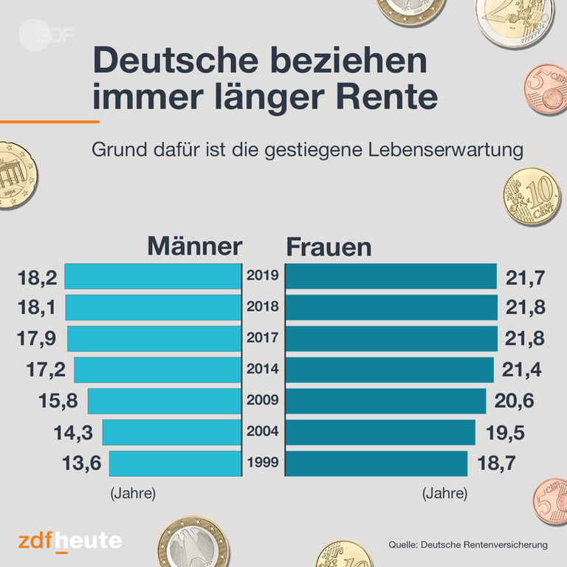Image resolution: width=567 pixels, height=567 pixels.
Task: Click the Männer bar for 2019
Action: coord(153,276)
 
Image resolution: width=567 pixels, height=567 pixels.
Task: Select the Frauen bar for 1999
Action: coord(376,464)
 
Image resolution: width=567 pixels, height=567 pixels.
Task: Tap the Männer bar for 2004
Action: coord(171,433)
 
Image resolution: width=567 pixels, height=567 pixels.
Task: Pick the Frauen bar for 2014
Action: coord(389,370)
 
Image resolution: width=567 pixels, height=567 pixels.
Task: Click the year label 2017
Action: coord(263,339)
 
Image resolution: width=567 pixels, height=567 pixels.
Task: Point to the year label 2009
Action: coord(263,401)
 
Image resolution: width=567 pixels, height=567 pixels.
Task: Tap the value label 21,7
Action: coord(526,278)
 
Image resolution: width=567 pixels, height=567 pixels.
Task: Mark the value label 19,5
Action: coord(505,433)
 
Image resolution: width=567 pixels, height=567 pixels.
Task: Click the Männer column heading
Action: coord(195,246)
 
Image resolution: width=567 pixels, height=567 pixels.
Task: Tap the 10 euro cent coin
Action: coord(530,196)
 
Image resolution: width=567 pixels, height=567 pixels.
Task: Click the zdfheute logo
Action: coord(70,541)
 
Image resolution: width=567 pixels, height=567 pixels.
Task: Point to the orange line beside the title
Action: coord(49,121)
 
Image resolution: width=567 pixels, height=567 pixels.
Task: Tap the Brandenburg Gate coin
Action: coord(14,176)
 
